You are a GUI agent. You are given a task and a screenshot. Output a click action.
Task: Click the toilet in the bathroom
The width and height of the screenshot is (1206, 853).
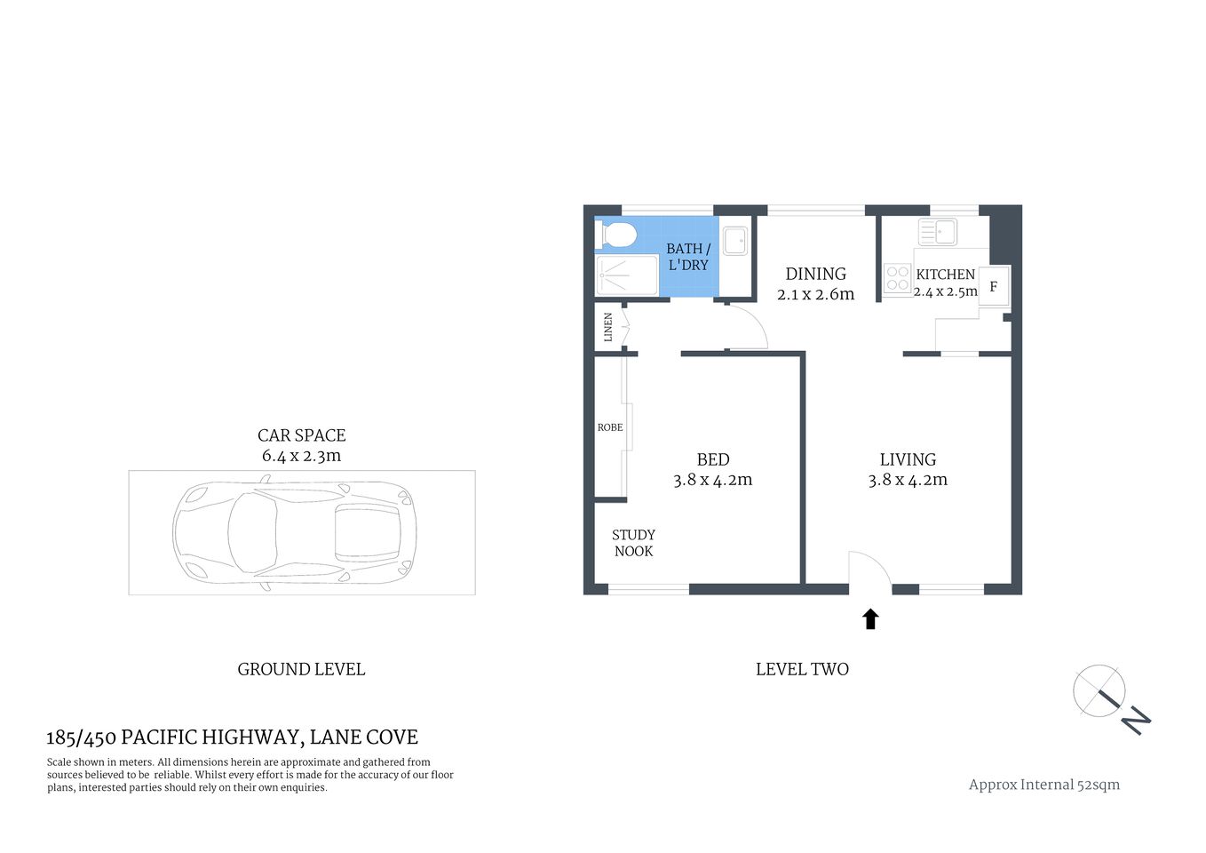pyautogui.click(x=617, y=235)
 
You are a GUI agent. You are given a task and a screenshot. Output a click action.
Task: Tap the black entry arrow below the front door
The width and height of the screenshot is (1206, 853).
pyautogui.click(x=870, y=619)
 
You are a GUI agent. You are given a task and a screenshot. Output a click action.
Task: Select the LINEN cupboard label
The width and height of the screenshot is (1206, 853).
pyautogui.click(x=608, y=327)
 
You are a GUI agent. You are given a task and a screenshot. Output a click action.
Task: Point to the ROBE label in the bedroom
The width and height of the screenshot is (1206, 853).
pyautogui.click(x=610, y=427)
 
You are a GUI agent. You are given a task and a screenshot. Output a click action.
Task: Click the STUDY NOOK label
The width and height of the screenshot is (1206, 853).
pyautogui.click(x=633, y=543)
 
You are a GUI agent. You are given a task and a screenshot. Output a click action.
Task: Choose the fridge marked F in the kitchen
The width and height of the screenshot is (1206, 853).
pyautogui.click(x=994, y=286)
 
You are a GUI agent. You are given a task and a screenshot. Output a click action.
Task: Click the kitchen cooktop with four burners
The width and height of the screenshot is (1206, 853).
pyautogui.click(x=897, y=279)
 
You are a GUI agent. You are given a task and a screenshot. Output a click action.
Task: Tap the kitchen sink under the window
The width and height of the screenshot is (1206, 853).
pyautogui.click(x=937, y=232)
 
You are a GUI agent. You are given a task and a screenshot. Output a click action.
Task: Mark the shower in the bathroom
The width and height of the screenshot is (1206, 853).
pyautogui.click(x=627, y=275)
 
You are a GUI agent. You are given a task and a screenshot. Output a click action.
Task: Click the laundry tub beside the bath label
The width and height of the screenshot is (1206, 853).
pyautogui.click(x=734, y=241)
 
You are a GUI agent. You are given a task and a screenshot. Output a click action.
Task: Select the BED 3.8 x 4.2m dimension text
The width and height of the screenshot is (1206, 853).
pyautogui.click(x=712, y=480)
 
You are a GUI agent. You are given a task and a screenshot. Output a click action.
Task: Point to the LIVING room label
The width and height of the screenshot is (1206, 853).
pyautogui.click(x=908, y=459)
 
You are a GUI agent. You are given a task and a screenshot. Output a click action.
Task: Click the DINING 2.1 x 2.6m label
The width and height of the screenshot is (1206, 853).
pyautogui.click(x=815, y=283)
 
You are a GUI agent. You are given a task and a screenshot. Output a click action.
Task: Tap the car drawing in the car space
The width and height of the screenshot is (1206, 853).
pyautogui.click(x=295, y=532)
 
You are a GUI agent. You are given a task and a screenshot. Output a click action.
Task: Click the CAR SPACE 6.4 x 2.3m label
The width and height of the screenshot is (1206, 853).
pyautogui.click(x=301, y=445)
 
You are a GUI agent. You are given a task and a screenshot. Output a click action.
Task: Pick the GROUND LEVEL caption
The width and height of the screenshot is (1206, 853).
pyautogui.click(x=301, y=669)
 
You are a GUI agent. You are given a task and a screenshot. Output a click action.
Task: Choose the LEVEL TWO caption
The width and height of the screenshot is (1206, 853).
pyautogui.click(x=802, y=669)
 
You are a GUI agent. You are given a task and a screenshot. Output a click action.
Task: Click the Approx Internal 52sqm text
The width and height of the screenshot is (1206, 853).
pyautogui.click(x=1043, y=785)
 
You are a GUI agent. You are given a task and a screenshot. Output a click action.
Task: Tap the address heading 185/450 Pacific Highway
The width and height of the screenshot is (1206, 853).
pyautogui.click(x=232, y=737)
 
